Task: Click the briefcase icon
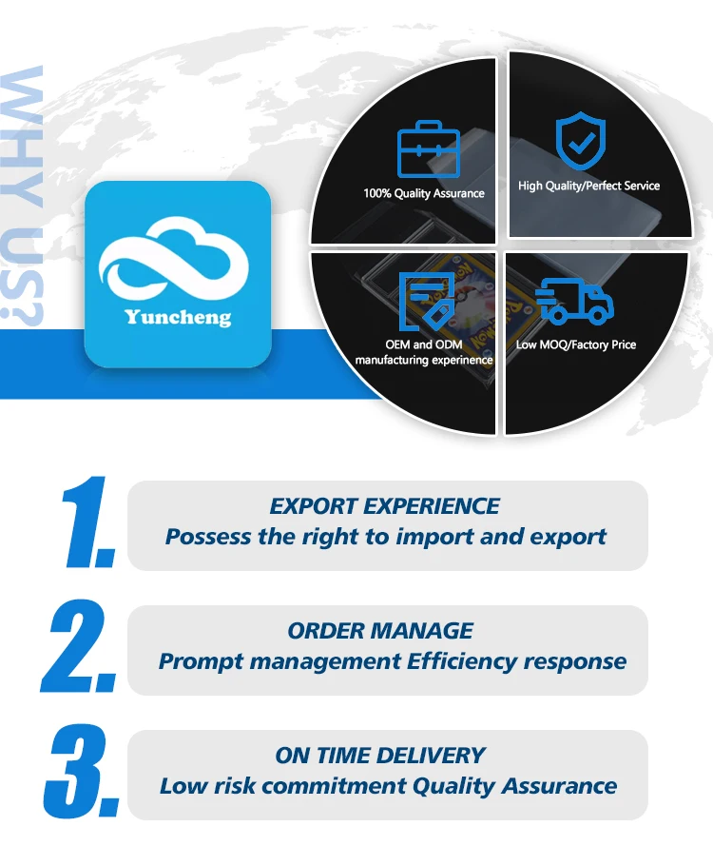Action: pos(427,150)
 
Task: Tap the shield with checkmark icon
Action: pos(578,141)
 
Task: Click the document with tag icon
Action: pos(425,301)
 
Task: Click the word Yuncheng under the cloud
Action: pos(178,317)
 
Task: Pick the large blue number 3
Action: pos(84,771)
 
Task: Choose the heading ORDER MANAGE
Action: pos(380,630)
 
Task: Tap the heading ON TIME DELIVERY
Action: pos(380,756)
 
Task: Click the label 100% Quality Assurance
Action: pos(424,193)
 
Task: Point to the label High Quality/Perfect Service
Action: pos(588,186)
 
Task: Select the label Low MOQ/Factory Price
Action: pos(576,344)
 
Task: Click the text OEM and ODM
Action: pos(424,344)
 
